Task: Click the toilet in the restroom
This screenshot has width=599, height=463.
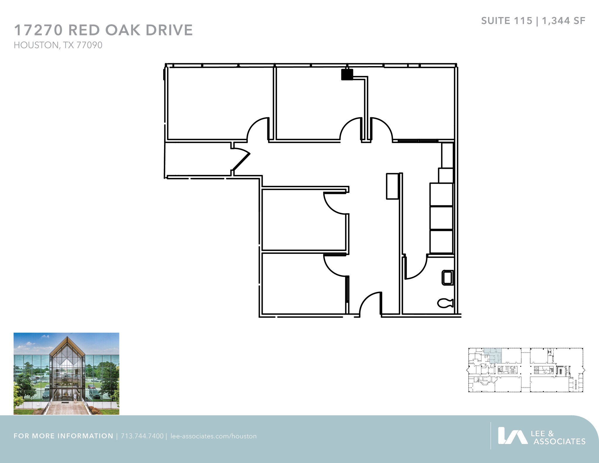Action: point(445,303)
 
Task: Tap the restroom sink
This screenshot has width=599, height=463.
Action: point(447,278)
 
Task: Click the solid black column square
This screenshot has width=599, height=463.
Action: point(347,74)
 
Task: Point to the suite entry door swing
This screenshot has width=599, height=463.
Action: point(370,304)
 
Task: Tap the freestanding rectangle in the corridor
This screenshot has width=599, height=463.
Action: point(392,186)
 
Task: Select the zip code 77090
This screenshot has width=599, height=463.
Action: point(89,45)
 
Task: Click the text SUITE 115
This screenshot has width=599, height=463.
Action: point(507,21)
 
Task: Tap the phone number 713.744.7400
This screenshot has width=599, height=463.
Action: point(142,436)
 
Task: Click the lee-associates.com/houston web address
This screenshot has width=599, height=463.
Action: point(214,436)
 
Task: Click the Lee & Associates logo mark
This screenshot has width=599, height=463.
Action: point(512,436)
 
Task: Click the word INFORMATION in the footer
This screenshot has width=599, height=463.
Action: point(85,436)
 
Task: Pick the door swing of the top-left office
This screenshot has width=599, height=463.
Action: point(258,129)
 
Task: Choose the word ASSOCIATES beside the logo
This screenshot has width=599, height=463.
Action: point(559,441)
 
